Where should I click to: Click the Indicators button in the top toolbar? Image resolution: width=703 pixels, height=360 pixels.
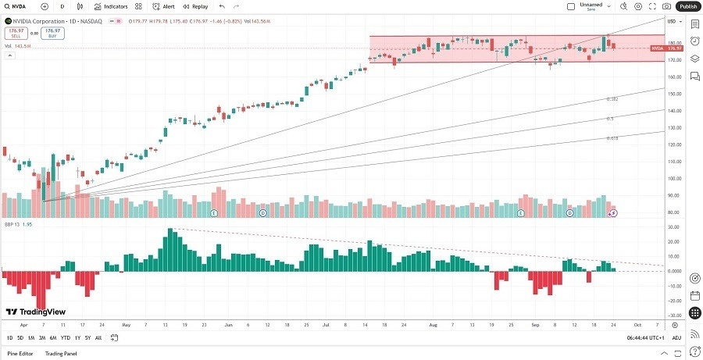point(110,6)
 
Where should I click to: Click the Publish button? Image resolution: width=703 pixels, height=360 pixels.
point(687,6)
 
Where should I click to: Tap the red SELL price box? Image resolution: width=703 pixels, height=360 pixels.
point(15,34)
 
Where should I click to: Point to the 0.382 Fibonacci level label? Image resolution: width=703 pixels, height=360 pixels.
point(612,99)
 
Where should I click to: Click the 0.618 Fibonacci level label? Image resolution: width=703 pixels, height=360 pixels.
point(612,138)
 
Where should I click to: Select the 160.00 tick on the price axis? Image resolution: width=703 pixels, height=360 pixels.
point(672,77)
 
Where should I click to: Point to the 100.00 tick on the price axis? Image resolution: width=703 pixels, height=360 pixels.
point(672,178)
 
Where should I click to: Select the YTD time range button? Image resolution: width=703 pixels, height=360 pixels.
point(65,337)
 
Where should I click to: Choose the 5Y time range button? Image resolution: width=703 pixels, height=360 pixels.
point(87,337)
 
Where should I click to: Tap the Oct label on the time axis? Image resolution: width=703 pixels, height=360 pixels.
point(637,324)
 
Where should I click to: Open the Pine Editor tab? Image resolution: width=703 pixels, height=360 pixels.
point(20,354)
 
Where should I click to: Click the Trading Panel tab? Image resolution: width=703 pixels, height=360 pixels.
point(61,354)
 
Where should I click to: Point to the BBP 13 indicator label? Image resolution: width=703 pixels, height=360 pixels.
point(13,224)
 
